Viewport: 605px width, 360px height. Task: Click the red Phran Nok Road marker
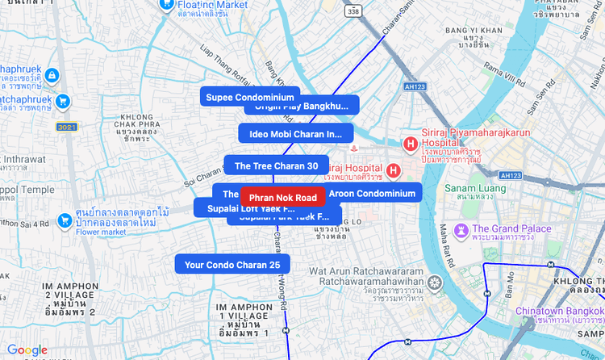coord(282,197)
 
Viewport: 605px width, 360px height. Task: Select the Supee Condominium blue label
coord(250,98)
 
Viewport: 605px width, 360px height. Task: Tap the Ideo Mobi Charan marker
coord(295,134)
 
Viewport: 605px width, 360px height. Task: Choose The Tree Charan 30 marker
coord(276,165)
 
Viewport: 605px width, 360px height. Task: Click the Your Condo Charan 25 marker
coord(232,264)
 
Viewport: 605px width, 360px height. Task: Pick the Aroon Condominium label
coord(372,193)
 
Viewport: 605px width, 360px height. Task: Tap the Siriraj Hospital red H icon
coord(393,170)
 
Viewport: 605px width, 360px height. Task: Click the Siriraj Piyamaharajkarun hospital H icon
coord(410,144)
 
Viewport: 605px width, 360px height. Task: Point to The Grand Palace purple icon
coord(461,232)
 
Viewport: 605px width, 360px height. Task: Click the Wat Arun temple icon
coord(436,283)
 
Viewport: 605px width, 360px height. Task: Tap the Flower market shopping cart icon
coord(65,220)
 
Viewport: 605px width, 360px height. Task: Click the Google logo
coord(27,350)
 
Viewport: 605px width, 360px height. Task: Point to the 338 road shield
coord(353,11)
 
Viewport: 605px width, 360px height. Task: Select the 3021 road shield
coord(67,128)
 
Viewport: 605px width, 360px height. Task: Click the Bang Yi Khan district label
coord(480,31)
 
